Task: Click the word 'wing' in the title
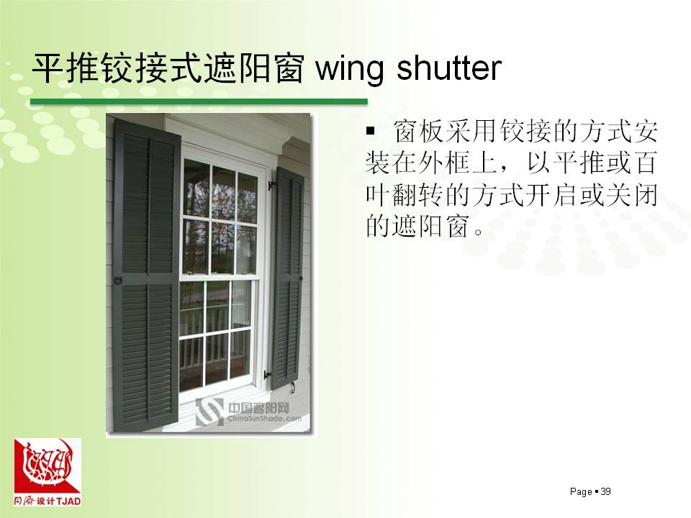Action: (350, 70)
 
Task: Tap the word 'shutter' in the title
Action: (449, 68)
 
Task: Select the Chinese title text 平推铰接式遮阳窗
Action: (168, 68)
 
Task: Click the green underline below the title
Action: (199, 101)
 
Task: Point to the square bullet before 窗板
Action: (370, 131)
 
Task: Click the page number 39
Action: (605, 491)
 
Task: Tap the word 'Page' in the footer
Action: (581, 491)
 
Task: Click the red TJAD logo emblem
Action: (48, 466)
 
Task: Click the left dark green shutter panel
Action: (147, 276)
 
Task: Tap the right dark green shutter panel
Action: (288, 278)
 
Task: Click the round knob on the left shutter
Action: (117, 280)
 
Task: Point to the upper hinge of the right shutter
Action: (271, 185)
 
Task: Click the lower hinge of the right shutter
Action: (268, 375)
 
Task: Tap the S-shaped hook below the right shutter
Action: (292, 388)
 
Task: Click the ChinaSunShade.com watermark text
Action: (264, 419)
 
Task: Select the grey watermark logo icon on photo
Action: (209, 412)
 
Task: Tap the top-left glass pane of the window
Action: (196, 187)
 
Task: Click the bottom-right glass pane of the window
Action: (240, 354)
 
